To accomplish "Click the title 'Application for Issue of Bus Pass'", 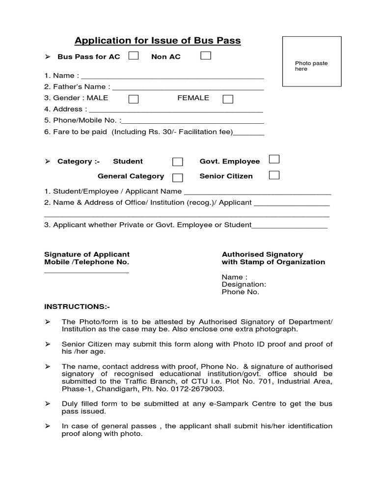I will [x=157, y=40].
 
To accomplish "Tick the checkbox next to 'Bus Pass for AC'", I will [x=133, y=56].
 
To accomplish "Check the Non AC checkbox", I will [x=206, y=56].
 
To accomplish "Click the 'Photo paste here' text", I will [x=311, y=66].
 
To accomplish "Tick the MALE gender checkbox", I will [x=133, y=99].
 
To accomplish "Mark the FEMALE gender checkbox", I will [x=228, y=99].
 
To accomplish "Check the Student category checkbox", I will [x=177, y=162].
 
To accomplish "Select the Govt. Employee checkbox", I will [x=274, y=159].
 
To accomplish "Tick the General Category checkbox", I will [x=177, y=177].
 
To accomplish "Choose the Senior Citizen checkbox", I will [x=274, y=174].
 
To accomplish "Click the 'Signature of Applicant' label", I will [x=87, y=254].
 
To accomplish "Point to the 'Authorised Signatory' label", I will [x=262, y=254].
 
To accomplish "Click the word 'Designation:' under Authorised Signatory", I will [x=244, y=284].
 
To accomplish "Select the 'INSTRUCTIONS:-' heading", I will [x=77, y=307].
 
